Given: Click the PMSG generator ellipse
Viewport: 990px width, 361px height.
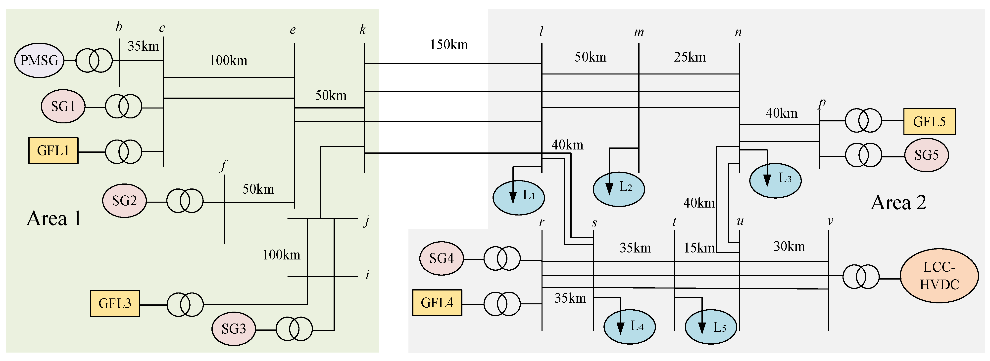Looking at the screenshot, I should tap(39, 60).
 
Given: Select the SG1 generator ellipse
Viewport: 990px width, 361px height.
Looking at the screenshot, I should tap(63, 106).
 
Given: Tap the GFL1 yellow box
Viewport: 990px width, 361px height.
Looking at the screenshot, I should tap(53, 150).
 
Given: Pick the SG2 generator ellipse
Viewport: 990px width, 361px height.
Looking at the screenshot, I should tap(124, 201).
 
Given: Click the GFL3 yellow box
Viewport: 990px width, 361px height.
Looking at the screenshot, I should tap(115, 303).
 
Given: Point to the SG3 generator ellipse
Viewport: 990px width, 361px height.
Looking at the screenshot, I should tap(234, 329).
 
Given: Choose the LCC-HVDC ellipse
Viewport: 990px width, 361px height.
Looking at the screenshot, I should tap(939, 276).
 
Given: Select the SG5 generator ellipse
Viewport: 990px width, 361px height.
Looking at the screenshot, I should tap(926, 155).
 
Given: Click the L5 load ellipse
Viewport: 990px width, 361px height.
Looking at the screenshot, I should tap(711, 327).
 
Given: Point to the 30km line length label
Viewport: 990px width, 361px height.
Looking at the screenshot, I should tap(789, 246).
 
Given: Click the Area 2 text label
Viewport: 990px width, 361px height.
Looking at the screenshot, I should tap(898, 203).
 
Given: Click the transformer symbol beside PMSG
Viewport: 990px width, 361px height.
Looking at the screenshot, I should tap(94, 60).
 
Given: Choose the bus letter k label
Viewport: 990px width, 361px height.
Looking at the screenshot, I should tap(362, 30).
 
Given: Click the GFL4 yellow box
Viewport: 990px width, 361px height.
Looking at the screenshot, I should tap(437, 303).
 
